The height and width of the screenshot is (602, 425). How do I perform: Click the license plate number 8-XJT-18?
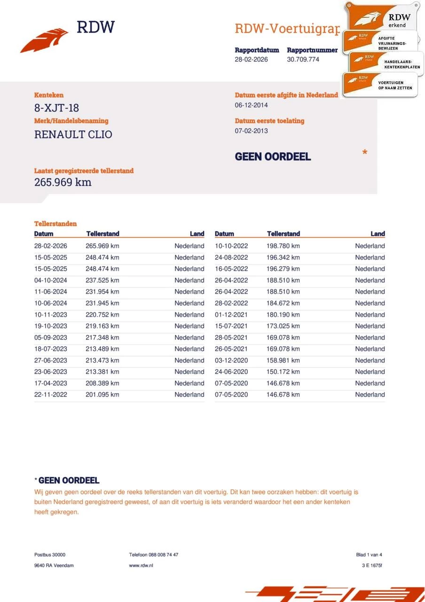coord(56,108)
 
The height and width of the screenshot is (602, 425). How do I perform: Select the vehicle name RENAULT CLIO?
coord(73,135)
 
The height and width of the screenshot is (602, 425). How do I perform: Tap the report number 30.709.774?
coord(303,59)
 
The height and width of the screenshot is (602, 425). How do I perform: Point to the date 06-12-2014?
coord(252,105)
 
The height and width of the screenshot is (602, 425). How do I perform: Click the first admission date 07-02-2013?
coord(252,131)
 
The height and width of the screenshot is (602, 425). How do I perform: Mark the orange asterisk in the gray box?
coord(365,153)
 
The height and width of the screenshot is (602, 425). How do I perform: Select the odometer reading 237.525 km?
coord(102,280)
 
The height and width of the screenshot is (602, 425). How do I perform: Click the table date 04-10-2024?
coord(51,280)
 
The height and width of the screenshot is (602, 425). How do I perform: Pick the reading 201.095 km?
coord(102,395)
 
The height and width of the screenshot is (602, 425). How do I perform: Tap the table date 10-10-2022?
coord(231,246)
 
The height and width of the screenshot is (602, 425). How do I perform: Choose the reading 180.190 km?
coord(283,315)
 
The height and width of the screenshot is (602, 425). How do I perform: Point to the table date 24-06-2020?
coord(231,372)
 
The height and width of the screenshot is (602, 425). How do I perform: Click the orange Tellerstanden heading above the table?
coord(55,224)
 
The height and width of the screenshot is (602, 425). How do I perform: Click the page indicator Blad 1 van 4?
coord(369,555)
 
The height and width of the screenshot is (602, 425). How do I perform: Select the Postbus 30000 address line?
coord(50,555)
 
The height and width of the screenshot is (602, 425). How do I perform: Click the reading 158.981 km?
coord(283,360)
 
